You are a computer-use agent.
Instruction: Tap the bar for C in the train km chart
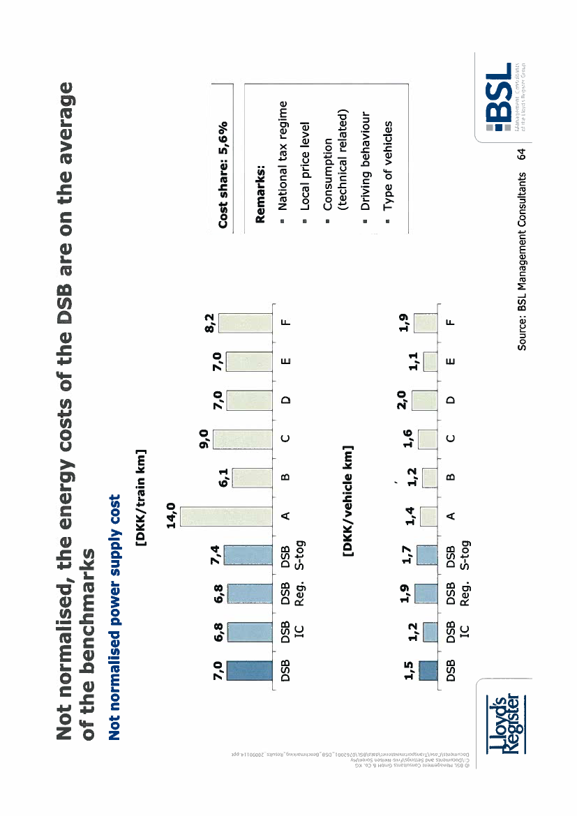(x=241, y=438)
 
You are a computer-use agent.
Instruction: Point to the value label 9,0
(x=207, y=438)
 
